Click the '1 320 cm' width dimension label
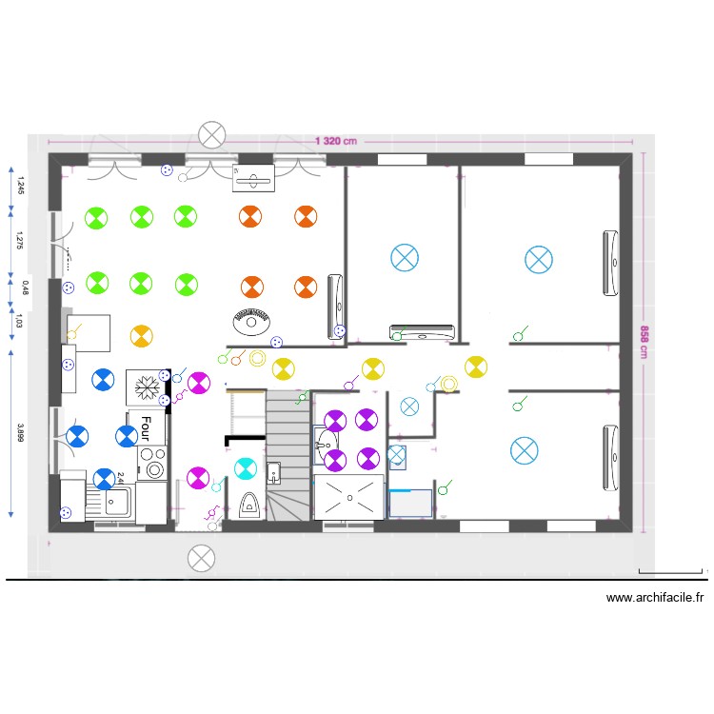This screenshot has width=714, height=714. click(x=335, y=141)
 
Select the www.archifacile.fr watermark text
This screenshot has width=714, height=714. click(x=655, y=598)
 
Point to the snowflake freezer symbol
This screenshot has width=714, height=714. click(x=147, y=387)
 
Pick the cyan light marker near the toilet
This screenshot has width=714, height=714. click(x=246, y=468)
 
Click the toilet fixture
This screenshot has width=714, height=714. click(x=248, y=505)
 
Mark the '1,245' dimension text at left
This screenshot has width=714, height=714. click(x=21, y=187)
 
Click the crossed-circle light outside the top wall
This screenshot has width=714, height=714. click(x=211, y=136)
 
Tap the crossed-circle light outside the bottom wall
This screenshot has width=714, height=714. click(x=201, y=558)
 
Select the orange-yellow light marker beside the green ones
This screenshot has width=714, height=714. click(x=140, y=335)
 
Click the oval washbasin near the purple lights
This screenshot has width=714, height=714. click(x=325, y=441)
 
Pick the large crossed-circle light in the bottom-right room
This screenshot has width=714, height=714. click(x=525, y=450)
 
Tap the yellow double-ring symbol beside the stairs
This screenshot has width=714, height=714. click(x=256, y=358)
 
